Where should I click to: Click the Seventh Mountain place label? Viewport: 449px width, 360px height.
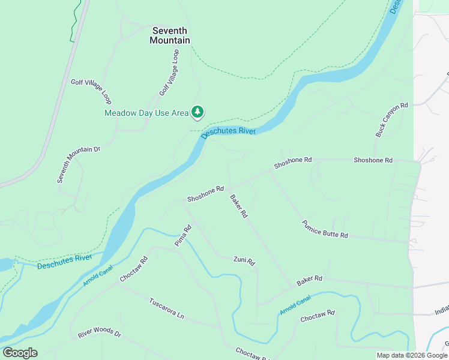(x=170, y=35)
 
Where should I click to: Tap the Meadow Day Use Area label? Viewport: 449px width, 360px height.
(x=146, y=112)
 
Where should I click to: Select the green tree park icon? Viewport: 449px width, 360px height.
(x=197, y=112)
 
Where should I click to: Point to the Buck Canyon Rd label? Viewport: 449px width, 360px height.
(x=391, y=120)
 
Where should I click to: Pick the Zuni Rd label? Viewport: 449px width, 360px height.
(x=244, y=261)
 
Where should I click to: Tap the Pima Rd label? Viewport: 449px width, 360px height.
(x=182, y=236)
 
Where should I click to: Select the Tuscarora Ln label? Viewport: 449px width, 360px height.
(x=166, y=307)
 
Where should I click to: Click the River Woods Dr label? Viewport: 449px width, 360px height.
(x=99, y=332)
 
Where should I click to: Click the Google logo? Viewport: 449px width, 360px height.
(x=20, y=353)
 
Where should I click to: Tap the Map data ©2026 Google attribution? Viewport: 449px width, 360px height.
(x=412, y=355)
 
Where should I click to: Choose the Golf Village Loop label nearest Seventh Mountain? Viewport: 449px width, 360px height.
(x=169, y=73)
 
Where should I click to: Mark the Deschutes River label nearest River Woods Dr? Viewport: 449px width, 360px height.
(x=64, y=262)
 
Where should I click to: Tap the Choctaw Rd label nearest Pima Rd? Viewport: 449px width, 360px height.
(x=134, y=270)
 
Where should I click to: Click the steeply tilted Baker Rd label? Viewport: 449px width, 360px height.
(x=239, y=206)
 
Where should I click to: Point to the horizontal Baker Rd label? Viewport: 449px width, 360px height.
(x=309, y=279)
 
